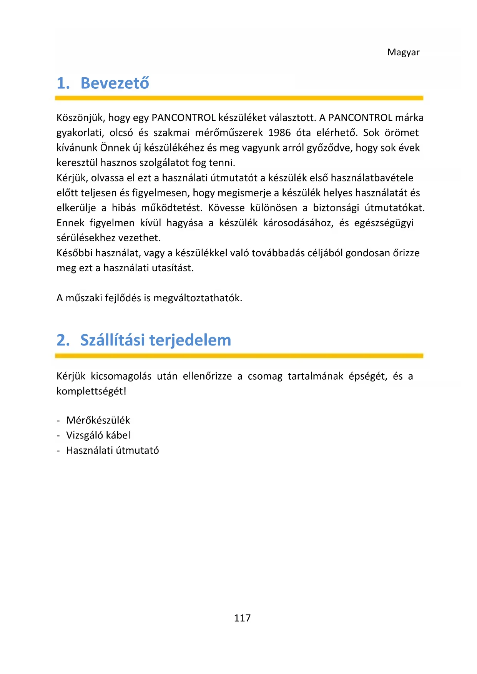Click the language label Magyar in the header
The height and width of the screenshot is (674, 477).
tap(403, 52)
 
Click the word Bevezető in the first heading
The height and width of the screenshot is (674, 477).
tap(115, 83)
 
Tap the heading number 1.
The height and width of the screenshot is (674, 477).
tap(63, 83)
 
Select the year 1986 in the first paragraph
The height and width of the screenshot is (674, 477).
tap(279, 133)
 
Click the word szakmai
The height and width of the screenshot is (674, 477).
tap(171, 133)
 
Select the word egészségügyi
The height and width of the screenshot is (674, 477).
tap(384, 223)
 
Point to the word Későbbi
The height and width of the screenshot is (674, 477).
tap(74, 253)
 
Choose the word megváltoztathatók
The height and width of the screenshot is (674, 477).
tap(198, 298)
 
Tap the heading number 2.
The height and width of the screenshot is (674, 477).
tap(63, 340)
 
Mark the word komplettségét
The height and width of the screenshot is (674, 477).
tap(91, 391)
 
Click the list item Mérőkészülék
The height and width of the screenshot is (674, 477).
tap(98, 420)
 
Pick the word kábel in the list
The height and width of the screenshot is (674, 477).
tap(118, 435)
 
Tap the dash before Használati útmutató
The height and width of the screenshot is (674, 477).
tap(58, 451)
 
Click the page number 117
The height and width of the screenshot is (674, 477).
tap(242, 618)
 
